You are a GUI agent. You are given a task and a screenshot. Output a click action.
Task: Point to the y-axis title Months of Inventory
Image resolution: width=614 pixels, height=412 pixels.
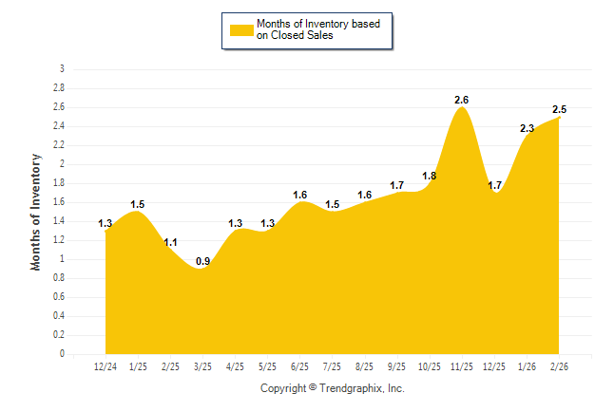pos(36,212)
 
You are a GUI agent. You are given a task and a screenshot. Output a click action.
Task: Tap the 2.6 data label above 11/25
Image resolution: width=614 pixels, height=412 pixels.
pos(462,100)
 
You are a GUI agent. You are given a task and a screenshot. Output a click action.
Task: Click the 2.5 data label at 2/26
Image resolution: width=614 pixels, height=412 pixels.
pos(559,109)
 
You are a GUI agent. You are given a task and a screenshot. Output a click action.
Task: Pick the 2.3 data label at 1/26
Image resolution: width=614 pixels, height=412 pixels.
pos(527,128)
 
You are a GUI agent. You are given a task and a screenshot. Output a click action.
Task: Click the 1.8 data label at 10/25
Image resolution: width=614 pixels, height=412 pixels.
pos(429,176)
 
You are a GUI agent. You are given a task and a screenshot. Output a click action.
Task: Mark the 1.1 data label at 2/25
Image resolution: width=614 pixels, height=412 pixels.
pos(170,242)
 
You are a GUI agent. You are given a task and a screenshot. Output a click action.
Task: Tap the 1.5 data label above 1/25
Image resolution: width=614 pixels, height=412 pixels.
pos(138,204)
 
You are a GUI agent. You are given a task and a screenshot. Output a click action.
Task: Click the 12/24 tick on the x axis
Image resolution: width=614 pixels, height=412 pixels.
pos(106,365)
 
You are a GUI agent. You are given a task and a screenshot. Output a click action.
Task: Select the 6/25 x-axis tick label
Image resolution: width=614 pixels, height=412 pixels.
pos(300,365)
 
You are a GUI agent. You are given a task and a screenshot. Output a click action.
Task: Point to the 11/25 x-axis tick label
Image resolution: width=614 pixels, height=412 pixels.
pos(462,365)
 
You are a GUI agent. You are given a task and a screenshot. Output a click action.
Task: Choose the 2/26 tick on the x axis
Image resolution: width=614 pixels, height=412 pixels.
pos(560,365)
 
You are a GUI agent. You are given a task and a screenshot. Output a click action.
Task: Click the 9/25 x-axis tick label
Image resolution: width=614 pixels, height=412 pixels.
pos(397,365)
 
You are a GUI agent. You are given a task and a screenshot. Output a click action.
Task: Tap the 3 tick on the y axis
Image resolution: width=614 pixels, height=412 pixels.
pos(62,69)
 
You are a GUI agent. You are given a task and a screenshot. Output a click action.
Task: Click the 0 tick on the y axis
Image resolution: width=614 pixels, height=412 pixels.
pos(62,354)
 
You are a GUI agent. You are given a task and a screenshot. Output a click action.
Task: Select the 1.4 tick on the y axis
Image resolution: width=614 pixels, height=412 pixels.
pos(59,221)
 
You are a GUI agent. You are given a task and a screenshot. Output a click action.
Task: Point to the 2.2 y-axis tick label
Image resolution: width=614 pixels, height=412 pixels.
pos(59,145)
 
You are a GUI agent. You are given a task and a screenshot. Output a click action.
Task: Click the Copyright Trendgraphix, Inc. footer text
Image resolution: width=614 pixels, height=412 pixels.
pos(333,388)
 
